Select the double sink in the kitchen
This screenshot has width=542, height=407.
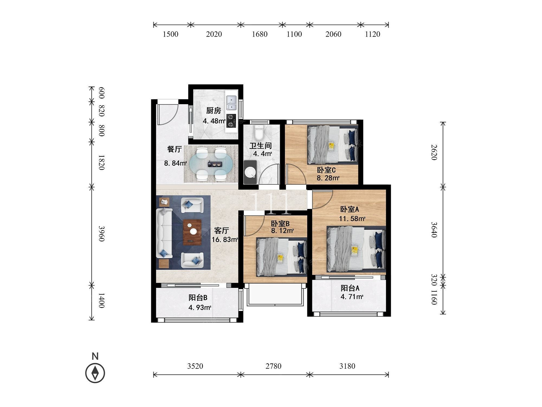click(x=231, y=103)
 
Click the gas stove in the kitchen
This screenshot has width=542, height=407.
click(x=231, y=121)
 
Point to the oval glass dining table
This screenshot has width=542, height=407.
click(x=211, y=164)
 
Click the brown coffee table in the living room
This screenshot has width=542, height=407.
click(x=192, y=232)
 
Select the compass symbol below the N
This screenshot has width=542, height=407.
click(x=95, y=373)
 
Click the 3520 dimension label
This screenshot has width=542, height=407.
click(x=195, y=366)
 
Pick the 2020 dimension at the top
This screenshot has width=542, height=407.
click(x=214, y=34)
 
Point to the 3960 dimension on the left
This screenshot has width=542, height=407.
click(x=101, y=233)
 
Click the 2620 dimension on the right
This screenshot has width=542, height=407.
click(x=434, y=152)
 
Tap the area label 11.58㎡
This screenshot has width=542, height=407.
click(x=352, y=218)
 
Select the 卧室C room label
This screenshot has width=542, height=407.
click(x=326, y=170)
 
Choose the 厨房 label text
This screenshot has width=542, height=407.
click(x=214, y=111)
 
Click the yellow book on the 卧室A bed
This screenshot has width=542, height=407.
click(x=354, y=250)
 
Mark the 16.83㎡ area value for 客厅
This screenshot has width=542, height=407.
click(x=225, y=240)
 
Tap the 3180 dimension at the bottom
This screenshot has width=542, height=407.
click(x=347, y=366)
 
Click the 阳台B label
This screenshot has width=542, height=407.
click(x=198, y=298)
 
